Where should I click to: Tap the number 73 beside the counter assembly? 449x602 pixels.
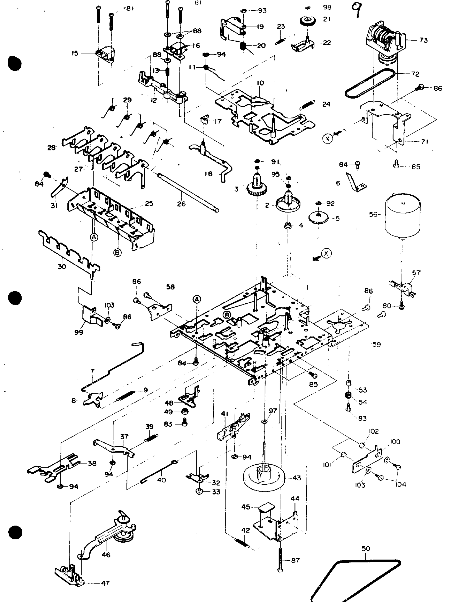(x=423, y=40)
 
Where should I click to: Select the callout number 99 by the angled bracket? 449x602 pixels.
(x=79, y=332)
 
